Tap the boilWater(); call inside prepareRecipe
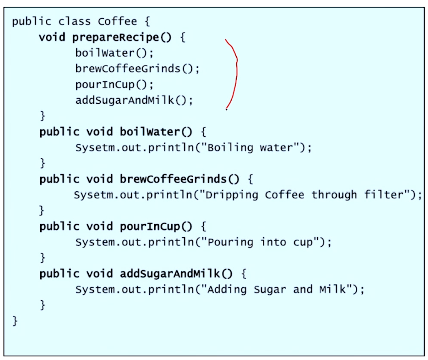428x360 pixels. point(114,53)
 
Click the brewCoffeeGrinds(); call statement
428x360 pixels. point(137,69)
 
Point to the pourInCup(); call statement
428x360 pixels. point(114,84)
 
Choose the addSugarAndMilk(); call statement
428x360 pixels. point(134,100)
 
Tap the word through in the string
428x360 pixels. point(334,195)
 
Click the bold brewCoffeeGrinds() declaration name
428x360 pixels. point(179,179)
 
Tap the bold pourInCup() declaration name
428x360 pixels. point(156,226)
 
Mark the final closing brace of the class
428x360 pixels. point(15,321)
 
